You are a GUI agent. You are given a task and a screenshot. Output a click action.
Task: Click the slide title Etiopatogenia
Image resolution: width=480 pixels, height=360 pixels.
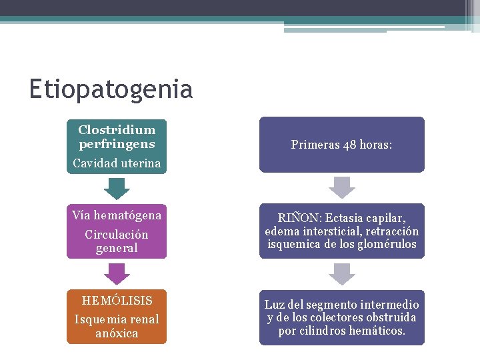click(111, 89)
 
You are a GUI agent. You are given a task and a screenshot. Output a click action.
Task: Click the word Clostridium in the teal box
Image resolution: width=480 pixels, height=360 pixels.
click(117, 130)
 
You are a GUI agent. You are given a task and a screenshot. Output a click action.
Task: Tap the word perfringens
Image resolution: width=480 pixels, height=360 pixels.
click(117, 143)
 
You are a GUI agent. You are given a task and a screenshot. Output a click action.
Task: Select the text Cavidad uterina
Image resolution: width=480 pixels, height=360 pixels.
click(117, 163)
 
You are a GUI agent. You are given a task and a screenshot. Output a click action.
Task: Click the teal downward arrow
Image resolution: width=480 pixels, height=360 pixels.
click(117, 189)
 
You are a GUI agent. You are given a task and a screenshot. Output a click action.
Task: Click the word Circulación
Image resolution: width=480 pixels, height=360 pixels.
click(117, 235)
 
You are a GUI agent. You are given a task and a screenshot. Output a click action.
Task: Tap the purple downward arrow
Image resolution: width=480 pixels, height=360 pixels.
click(117, 273)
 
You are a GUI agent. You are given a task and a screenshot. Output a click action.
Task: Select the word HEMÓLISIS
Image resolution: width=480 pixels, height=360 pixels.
click(117, 301)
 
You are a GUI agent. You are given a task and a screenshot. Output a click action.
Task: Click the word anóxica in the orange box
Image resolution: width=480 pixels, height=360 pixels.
click(117, 333)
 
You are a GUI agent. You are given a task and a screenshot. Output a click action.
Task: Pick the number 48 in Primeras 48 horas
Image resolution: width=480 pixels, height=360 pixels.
click(349, 145)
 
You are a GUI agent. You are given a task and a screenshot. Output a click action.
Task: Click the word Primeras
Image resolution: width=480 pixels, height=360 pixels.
click(315, 145)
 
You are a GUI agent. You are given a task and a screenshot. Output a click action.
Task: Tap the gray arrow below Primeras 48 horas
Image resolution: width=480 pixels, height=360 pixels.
click(342, 187)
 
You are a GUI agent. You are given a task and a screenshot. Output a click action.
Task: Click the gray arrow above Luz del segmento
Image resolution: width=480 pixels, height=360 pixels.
click(342, 273)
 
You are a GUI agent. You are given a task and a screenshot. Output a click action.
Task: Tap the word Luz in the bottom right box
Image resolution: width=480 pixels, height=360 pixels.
click(274, 305)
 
